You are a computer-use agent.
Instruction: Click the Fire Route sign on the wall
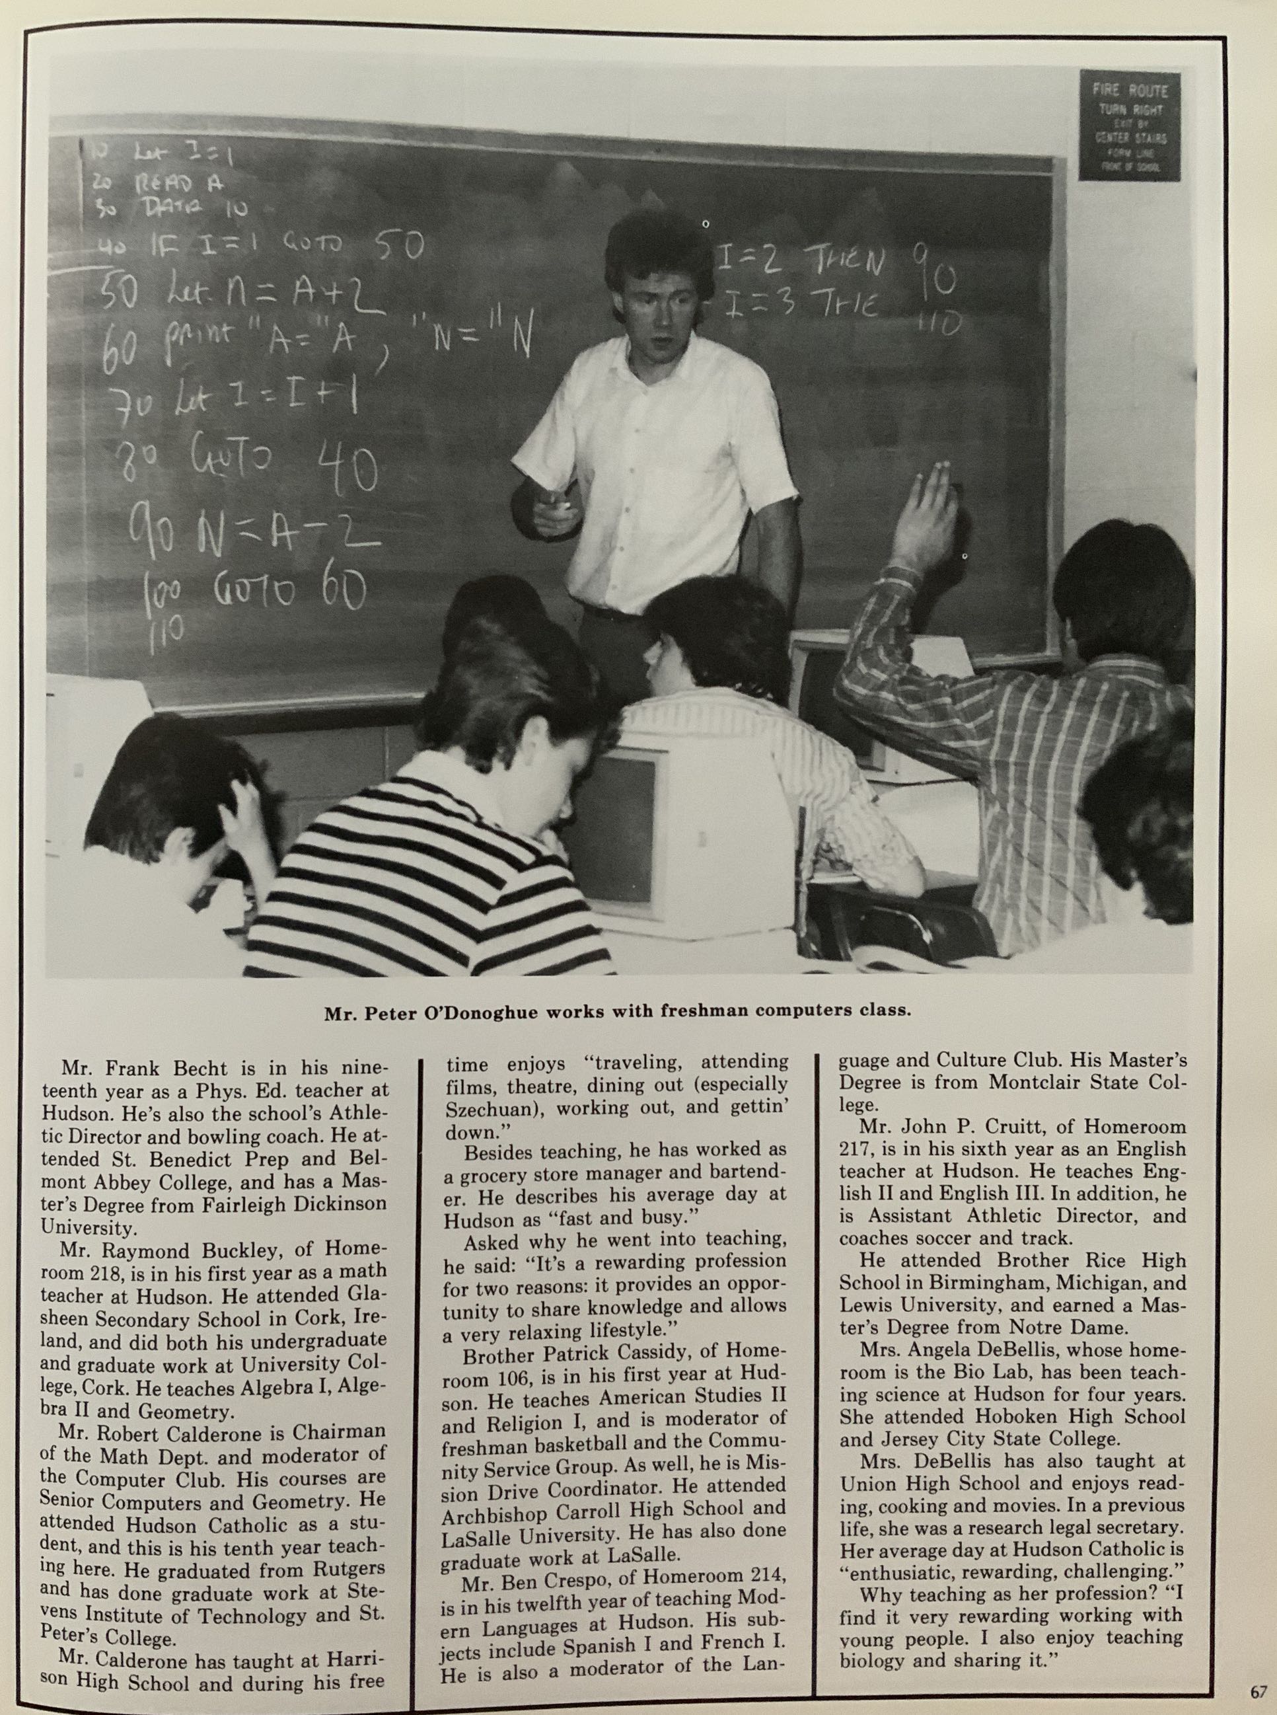[1130, 126]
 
